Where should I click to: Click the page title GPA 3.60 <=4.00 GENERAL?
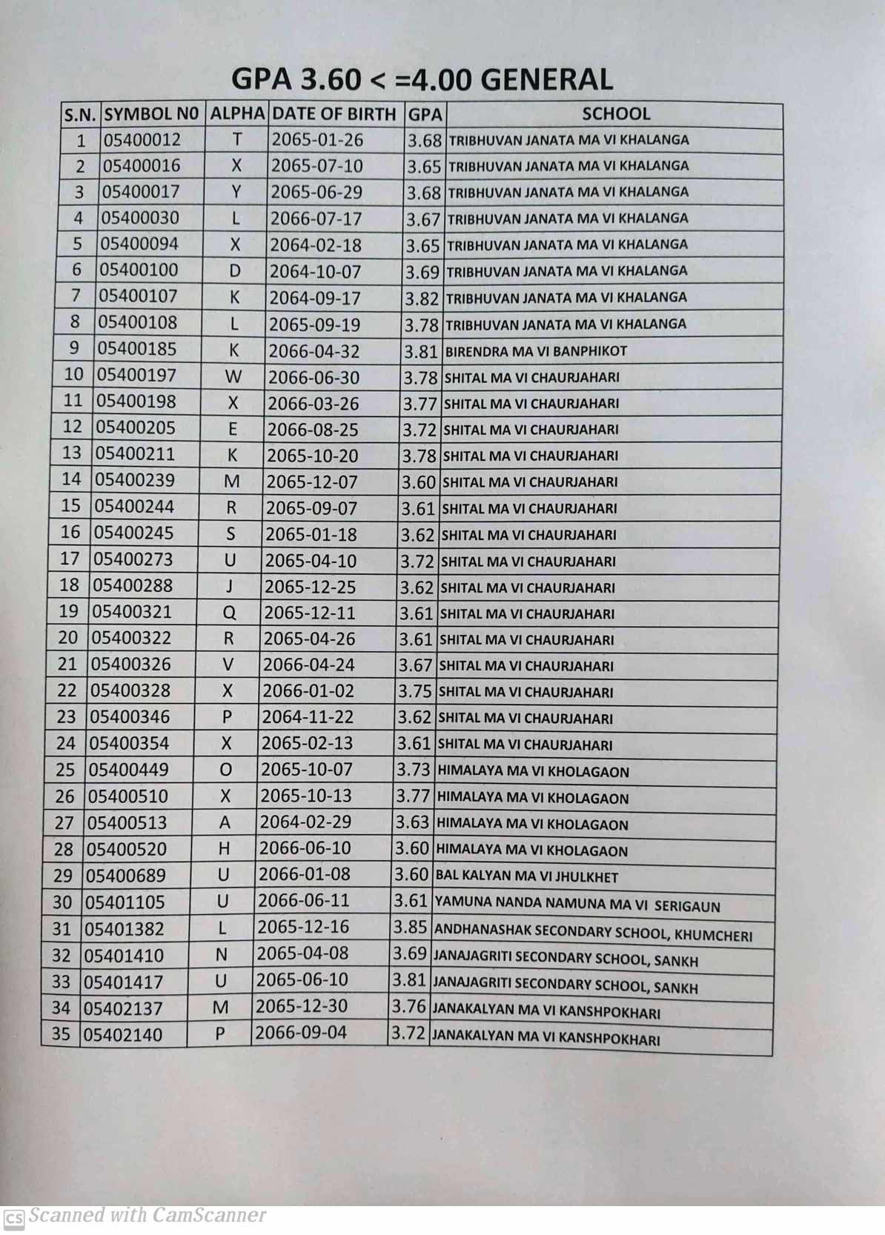[x=422, y=79]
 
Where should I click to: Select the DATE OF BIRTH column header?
[x=334, y=114]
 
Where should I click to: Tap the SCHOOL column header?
[x=615, y=113]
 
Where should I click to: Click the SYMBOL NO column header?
[x=152, y=114]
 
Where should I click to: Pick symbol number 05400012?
[x=142, y=139]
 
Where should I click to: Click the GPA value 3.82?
[x=422, y=299]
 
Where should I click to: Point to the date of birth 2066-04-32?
[x=314, y=351]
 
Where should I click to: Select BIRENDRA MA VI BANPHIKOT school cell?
[x=536, y=351]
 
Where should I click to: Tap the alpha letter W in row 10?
[x=233, y=376]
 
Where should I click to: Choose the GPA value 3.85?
[x=410, y=927]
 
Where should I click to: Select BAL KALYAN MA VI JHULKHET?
[x=526, y=876]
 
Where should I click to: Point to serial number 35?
[x=61, y=1033]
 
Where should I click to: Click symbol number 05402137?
[x=122, y=1008]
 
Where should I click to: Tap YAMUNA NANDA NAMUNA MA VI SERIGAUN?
[x=577, y=904]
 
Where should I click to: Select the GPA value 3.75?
[x=414, y=691]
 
